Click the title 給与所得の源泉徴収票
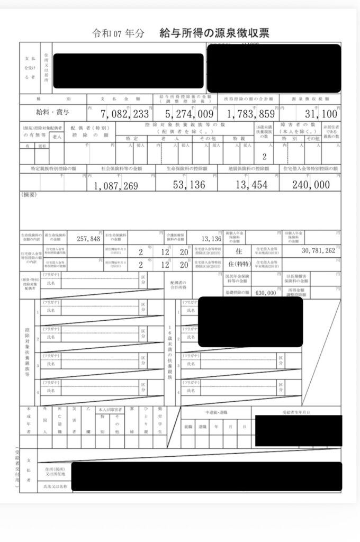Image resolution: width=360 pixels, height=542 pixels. coord(214,33)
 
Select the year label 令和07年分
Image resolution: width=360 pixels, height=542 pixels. coord(111,34)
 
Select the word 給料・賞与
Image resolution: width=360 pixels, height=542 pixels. coord(52,112)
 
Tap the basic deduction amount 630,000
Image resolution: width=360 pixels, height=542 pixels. coord(265,292)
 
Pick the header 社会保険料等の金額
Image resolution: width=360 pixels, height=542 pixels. coord(121,168)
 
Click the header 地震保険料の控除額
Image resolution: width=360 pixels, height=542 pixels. coord(249,168)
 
